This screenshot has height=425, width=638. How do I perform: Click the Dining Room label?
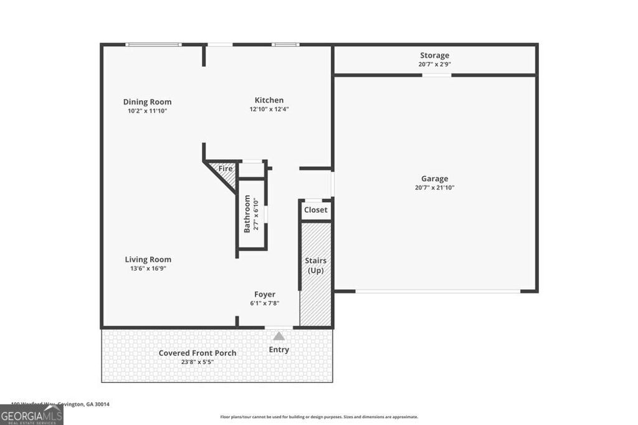click(147, 102)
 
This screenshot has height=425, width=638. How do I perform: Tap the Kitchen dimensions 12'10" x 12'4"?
click(269, 109)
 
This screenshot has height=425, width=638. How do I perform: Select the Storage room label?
click(434, 55)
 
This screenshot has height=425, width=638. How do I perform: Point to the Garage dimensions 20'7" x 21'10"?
click(434, 187)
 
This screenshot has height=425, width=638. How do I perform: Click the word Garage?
click(434, 179)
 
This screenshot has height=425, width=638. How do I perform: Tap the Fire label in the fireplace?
click(225, 169)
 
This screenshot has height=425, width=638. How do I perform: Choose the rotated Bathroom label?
click(247, 214)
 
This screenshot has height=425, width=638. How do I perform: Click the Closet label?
click(315, 210)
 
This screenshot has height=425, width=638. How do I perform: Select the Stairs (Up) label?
click(315, 266)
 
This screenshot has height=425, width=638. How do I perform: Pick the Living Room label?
click(148, 259)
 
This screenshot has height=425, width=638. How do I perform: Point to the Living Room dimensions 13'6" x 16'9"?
click(148, 269)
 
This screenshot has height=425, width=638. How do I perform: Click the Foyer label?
click(264, 294)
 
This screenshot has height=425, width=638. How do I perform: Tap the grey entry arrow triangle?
click(279, 335)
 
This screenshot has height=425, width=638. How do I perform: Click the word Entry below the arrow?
click(279, 350)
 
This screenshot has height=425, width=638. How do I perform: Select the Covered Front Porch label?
click(198, 353)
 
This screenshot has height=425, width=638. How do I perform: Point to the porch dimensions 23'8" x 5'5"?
click(198, 362)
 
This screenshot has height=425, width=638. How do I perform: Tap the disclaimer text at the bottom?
click(319, 417)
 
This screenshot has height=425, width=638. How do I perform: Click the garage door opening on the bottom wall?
click(437, 291)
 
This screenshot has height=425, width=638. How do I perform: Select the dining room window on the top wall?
click(153, 44)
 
